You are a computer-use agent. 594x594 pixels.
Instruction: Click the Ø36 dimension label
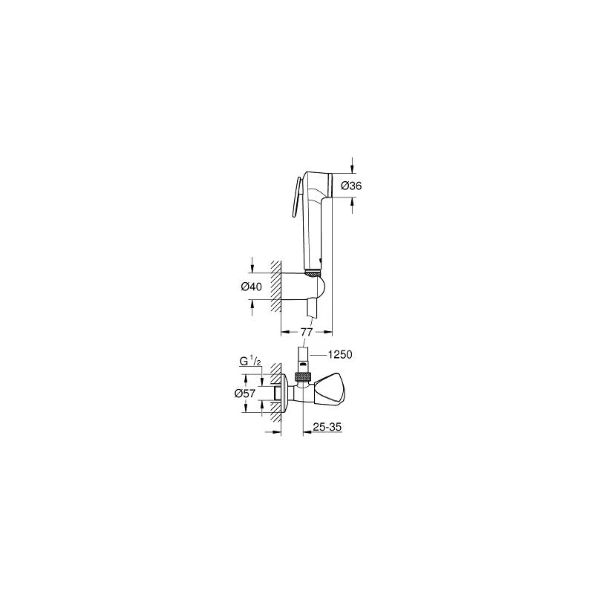tap(351, 186)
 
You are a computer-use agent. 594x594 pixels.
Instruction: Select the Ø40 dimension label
tap(252, 287)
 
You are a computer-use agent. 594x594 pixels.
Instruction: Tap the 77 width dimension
tap(306, 332)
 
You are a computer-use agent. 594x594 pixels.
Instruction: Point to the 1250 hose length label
tap(340, 355)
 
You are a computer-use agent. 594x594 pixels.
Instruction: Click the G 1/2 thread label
tap(250, 362)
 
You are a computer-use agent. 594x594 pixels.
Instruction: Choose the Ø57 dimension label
tap(245, 394)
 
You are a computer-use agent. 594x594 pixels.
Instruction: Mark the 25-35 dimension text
tap(327, 427)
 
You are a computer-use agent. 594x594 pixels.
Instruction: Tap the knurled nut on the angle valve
tap(304, 376)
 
